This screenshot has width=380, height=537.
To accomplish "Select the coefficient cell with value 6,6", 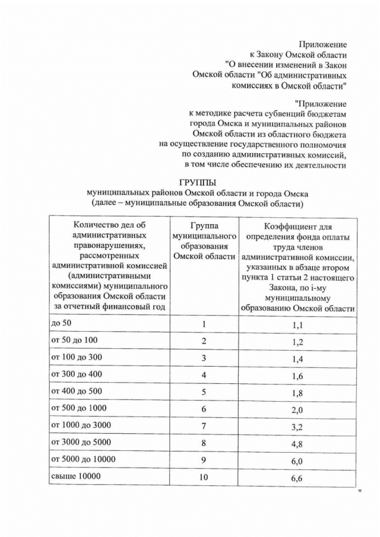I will [x=297, y=478].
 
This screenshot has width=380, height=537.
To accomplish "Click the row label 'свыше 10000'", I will [x=76, y=476].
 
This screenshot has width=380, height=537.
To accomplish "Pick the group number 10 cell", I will [x=204, y=477].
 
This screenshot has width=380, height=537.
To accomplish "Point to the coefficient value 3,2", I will [x=297, y=427].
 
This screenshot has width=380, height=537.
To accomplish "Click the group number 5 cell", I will [x=204, y=392].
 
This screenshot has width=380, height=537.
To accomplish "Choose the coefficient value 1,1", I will [x=297, y=326].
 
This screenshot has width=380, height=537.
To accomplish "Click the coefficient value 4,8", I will [x=297, y=444].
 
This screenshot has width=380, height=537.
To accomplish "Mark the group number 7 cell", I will [x=204, y=426].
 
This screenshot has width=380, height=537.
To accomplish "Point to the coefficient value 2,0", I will [x=297, y=411].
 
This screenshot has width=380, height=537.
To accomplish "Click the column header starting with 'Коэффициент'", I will [x=298, y=267].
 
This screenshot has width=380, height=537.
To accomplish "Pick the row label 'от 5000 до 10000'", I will [x=84, y=459].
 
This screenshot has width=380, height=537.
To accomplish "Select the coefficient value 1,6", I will [x=297, y=376].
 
